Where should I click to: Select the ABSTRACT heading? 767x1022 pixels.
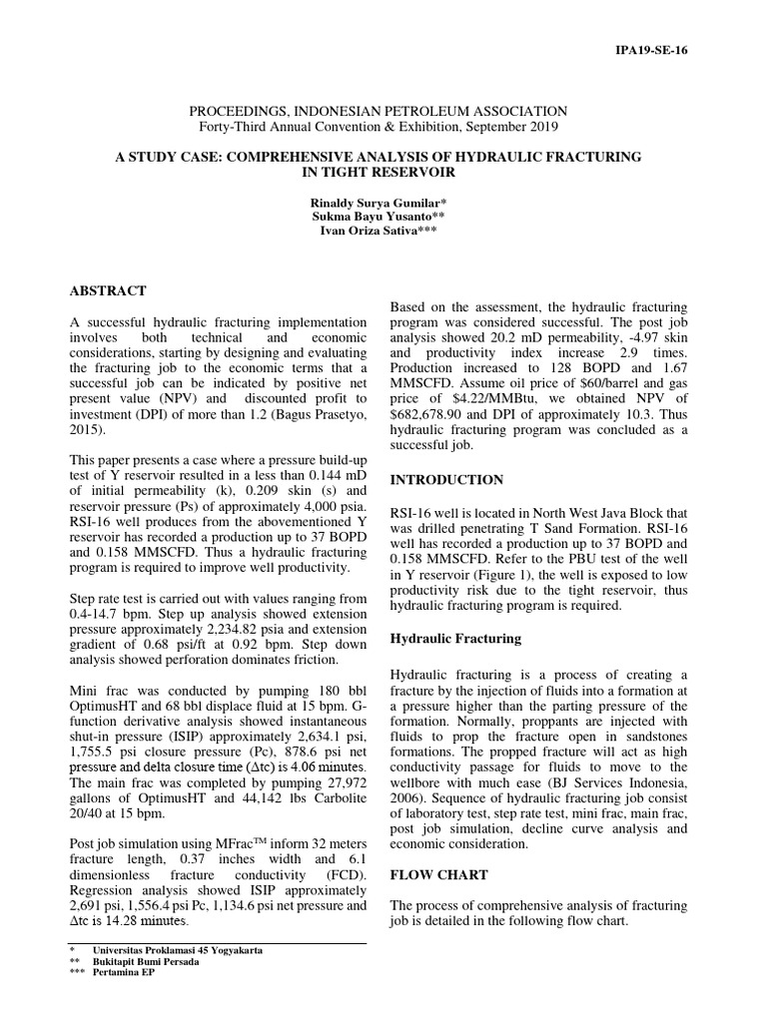click(x=108, y=291)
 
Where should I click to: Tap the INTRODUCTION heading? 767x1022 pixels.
click(x=446, y=480)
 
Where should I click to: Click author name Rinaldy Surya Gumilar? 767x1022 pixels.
click(x=383, y=203)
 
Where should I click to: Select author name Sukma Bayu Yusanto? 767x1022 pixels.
click(x=383, y=217)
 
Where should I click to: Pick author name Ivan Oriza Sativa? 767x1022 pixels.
click(x=383, y=231)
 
